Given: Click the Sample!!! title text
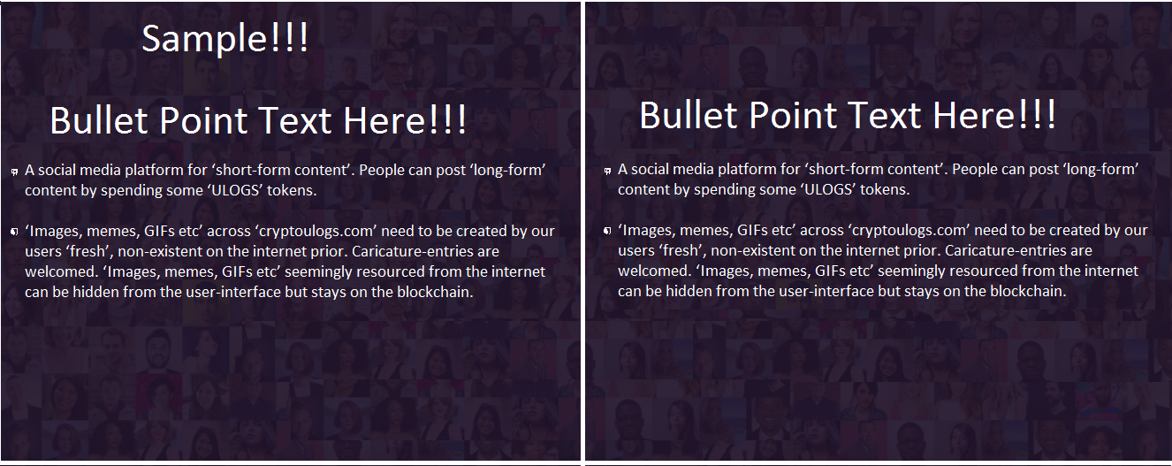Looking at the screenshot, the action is point(225,39).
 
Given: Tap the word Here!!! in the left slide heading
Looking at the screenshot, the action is point(405,120).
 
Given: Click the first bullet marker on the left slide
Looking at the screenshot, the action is point(15,172).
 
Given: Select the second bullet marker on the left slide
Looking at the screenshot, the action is point(15,232).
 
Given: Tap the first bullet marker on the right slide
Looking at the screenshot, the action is point(607,171).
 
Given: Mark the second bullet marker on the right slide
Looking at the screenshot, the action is point(607,231).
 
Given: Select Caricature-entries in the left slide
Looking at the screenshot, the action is point(412,251).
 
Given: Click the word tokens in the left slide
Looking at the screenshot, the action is point(290,190).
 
